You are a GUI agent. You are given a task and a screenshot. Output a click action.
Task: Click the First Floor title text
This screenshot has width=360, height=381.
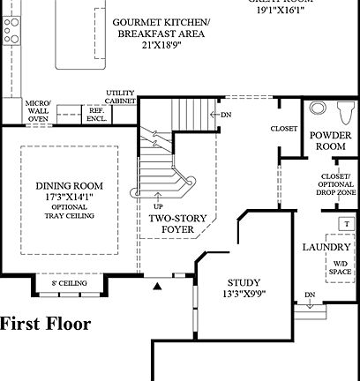click(45, 324)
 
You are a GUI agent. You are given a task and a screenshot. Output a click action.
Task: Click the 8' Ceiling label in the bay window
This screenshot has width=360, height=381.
click(68, 284)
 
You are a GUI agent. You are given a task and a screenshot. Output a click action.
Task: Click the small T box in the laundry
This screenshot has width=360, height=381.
click(347, 224)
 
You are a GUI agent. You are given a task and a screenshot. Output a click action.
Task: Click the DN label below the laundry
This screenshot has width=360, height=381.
click(310, 295)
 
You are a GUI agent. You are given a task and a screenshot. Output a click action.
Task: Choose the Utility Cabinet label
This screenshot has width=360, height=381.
click(120, 96)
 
